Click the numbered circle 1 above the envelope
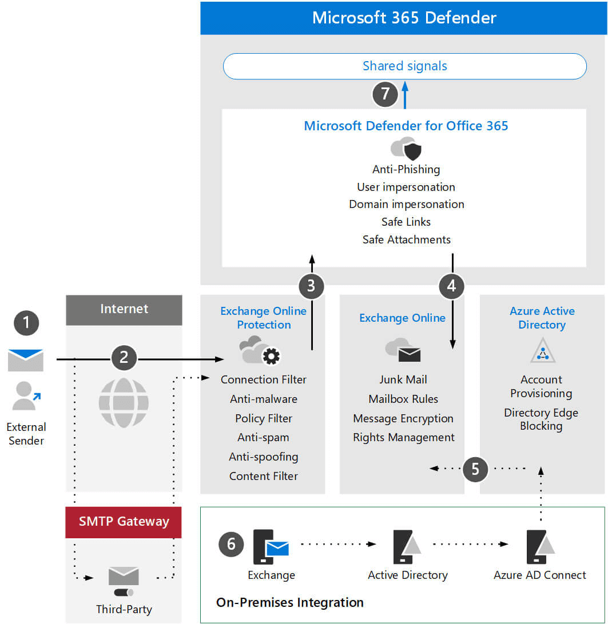tap(26, 323)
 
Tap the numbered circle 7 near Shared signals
tap(385, 94)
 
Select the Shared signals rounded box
tap(404, 66)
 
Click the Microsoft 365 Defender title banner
tap(404, 18)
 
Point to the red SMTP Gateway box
tap(124, 521)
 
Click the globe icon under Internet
tap(124, 402)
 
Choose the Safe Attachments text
tap(406, 239)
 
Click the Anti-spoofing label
tap(263, 457)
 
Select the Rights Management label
tap(403, 438)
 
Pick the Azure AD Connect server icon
tap(540, 546)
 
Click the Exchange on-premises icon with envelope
tap(271, 547)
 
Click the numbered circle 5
tap(475, 469)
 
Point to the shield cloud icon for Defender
tap(406, 149)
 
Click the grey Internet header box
tap(124, 309)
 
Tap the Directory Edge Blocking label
tap(541, 419)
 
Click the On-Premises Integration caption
tap(289, 602)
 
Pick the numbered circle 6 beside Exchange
tap(231, 543)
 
